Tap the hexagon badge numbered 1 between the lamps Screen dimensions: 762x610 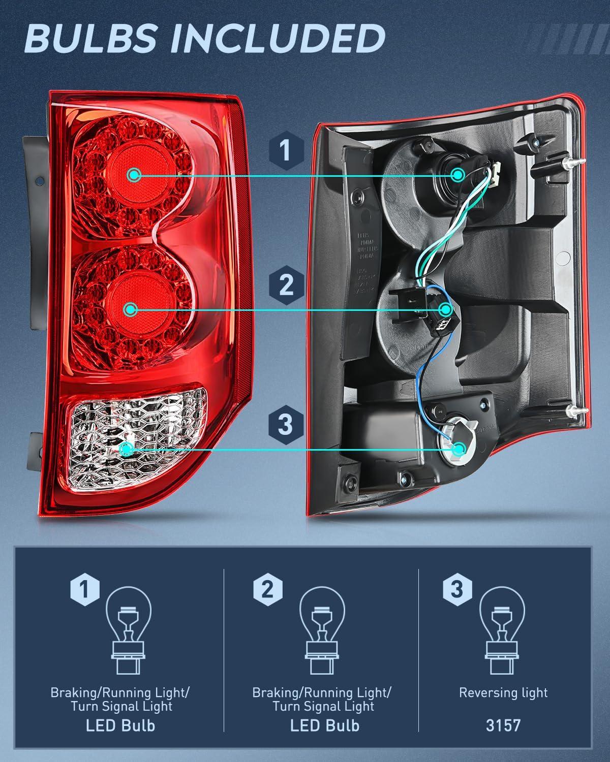(x=286, y=151)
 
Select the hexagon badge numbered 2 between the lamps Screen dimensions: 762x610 (x=286, y=284)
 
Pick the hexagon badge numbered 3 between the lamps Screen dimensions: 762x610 (x=286, y=424)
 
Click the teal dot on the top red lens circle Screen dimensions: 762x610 (x=134, y=175)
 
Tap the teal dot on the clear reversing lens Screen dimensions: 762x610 (x=127, y=448)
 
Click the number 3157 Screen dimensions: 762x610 (x=503, y=725)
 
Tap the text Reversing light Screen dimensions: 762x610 (x=503, y=693)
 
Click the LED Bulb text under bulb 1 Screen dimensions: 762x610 (x=120, y=725)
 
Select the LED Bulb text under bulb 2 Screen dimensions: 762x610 (x=324, y=725)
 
